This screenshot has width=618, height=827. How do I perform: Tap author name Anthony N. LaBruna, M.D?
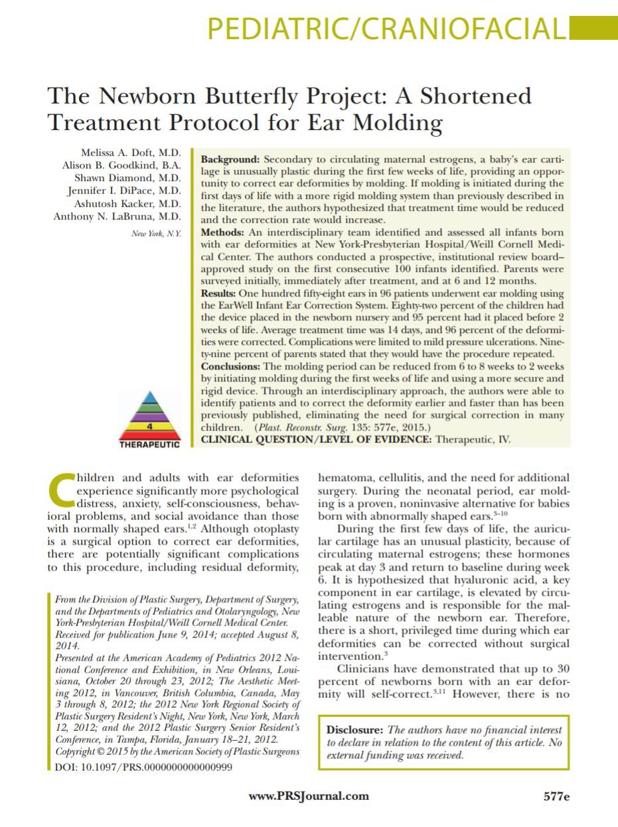point(117,216)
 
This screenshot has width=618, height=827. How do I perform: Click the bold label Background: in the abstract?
point(230,160)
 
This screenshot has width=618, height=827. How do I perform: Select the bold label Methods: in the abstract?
point(222,233)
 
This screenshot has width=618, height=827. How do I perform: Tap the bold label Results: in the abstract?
point(219,293)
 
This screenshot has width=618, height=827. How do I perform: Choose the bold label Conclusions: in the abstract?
point(230,366)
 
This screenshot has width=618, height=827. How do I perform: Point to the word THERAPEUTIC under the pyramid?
point(149,445)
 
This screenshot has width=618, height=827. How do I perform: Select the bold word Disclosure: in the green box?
point(354,730)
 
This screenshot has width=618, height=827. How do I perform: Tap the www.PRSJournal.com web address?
point(309,796)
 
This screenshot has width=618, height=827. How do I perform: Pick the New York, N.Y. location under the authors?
point(156,233)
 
